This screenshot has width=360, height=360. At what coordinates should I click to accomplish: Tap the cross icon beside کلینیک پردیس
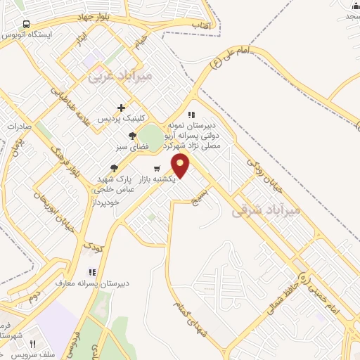click(122, 108)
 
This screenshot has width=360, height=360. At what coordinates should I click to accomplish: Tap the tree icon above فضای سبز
click(131, 136)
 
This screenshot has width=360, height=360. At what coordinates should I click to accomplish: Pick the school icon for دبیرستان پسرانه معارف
click(91, 272)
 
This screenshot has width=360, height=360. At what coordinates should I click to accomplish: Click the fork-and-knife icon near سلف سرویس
click(32, 344)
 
